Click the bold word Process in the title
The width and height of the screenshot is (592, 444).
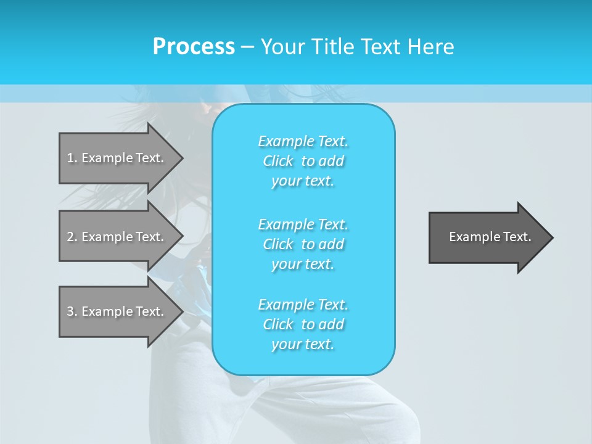[x=194, y=47]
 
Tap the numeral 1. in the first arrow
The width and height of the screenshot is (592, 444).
[x=72, y=158]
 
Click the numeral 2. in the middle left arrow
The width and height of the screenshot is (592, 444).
[x=72, y=237]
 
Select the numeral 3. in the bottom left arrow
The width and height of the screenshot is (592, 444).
[x=72, y=311]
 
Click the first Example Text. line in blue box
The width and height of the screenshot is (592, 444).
[x=303, y=141]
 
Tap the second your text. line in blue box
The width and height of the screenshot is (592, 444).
[x=303, y=264]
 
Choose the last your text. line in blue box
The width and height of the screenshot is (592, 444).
[x=303, y=344]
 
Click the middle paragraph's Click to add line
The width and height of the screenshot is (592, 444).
[x=303, y=244]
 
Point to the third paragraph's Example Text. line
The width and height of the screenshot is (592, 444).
[x=303, y=305]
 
